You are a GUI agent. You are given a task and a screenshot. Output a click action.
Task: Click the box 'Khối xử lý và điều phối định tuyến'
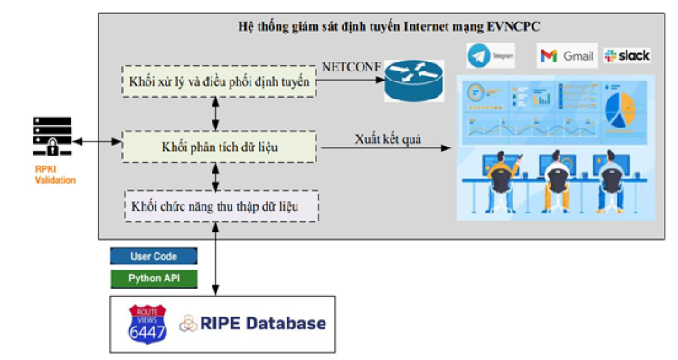[220, 82]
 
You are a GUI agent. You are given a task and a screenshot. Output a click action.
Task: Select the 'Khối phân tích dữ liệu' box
[220, 146]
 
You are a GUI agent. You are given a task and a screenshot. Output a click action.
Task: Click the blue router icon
[415, 81]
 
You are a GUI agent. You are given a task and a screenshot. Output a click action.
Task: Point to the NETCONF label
[352, 64]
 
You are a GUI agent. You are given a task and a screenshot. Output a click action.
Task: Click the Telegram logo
[491, 56]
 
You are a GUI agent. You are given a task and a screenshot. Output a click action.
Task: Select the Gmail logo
[567, 56]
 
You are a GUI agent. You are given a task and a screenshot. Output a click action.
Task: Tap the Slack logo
[626, 56]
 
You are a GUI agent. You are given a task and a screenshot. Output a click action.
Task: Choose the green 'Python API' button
[154, 278]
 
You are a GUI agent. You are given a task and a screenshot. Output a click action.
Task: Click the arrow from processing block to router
[349, 81]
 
